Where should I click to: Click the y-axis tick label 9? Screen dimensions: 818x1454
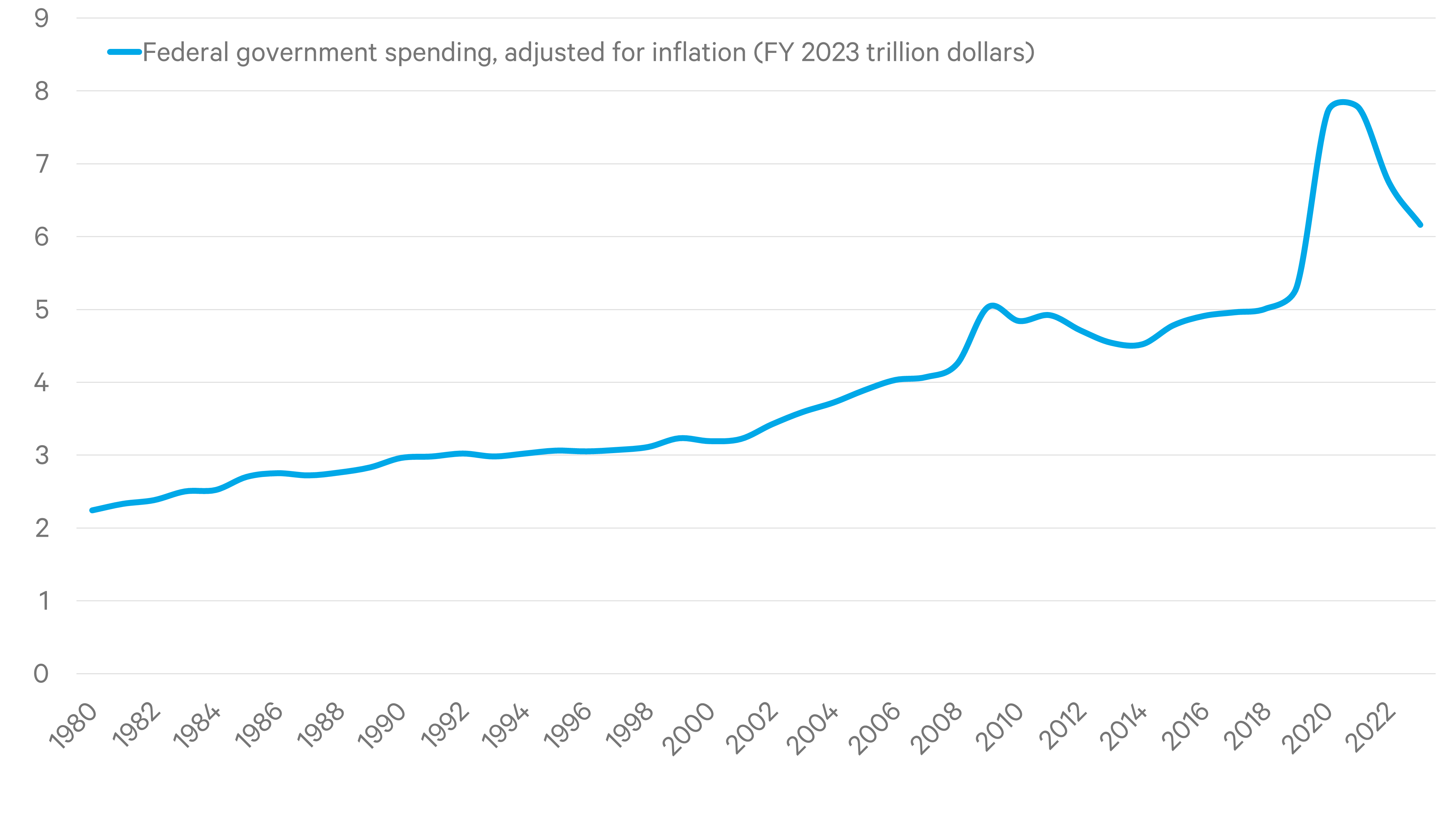(x=42, y=19)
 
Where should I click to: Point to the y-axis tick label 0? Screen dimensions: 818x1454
(x=41, y=674)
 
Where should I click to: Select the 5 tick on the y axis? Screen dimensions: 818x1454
(x=42, y=310)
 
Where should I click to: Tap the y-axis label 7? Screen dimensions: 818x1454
(x=42, y=164)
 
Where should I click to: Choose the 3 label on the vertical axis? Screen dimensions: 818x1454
(x=42, y=455)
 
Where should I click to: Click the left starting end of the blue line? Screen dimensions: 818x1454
(x=92, y=510)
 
